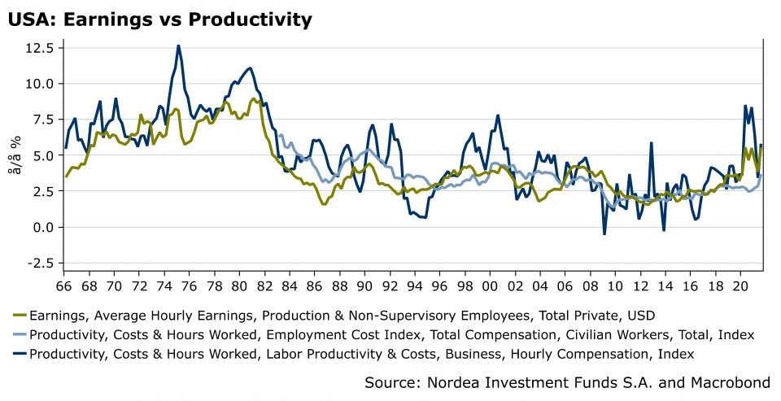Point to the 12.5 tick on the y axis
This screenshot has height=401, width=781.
(x=39, y=48)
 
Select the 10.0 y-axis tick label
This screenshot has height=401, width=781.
(x=39, y=84)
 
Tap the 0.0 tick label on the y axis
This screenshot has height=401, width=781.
(x=42, y=227)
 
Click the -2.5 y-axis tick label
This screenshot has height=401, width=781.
(x=39, y=263)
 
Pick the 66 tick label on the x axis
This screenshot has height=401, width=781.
(x=64, y=286)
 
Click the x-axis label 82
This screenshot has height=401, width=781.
(x=264, y=286)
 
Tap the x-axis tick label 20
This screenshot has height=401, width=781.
(x=740, y=286)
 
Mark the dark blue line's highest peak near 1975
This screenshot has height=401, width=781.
(x=177, y=46)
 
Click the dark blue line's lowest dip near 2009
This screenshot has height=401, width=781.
(x=604, y=234)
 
